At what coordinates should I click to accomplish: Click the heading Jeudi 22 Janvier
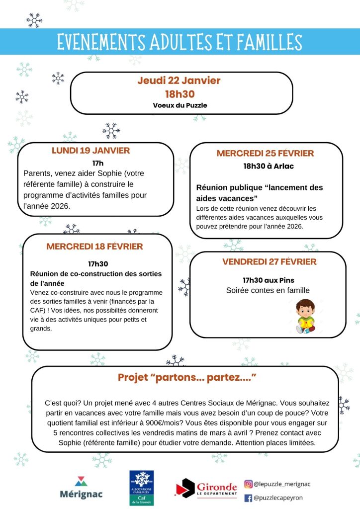tap(179, 81)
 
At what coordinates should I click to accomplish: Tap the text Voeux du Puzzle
tap(180, 105)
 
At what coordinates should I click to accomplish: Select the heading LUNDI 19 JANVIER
tap(90, 151)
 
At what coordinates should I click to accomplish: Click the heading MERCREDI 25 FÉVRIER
tap(265, 153)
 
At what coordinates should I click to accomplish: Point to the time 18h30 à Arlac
tap(268, 166)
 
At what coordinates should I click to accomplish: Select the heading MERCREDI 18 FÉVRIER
tap(94, 247)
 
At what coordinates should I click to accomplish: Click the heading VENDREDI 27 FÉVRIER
tap(269, 262)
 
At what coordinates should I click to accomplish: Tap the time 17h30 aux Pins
tap(268, 280)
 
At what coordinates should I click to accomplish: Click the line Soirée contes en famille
tap(268, 291)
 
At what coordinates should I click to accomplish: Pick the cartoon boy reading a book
tap(305, 316)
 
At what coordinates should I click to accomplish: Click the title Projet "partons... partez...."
tap(186, 378)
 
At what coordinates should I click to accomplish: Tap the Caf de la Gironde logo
tap(141, 488)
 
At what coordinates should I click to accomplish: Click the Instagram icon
tap(248, 484)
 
